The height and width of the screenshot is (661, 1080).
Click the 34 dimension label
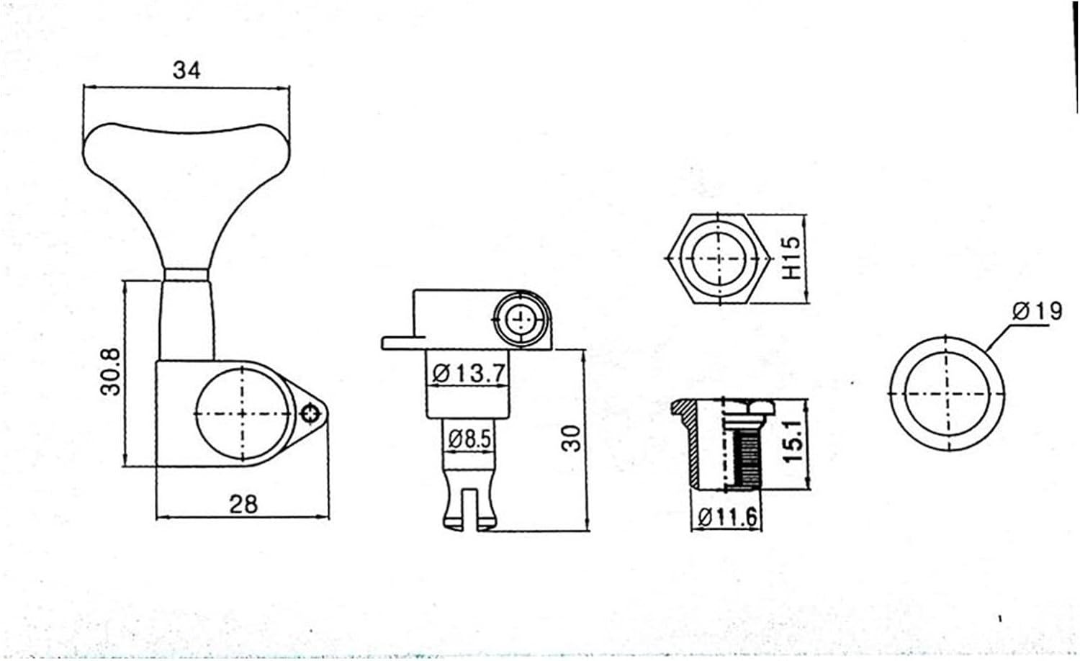pos(186,70)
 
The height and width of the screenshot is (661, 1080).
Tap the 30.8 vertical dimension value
pos(111,372)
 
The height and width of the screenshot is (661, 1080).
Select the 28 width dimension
pos(243,503)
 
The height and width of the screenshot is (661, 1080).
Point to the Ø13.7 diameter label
pos(469,373)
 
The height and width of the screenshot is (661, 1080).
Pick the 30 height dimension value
pos(571,438)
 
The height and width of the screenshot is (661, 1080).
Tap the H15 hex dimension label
pos(791,258)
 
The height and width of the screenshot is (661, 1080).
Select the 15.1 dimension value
pos(792,443)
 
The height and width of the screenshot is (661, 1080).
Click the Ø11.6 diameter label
pos(728,516)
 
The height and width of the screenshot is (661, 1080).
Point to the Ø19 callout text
pos(1037,311)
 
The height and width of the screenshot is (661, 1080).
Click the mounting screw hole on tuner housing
pos(311,413)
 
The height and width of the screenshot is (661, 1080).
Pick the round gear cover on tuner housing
pos(241,413)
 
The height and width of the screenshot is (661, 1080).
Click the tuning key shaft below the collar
pos(186,317)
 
